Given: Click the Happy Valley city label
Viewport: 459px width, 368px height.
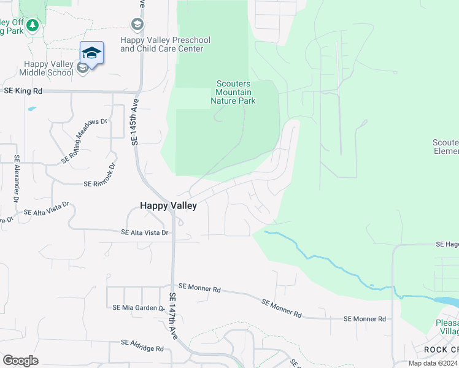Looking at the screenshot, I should tap(168, 206).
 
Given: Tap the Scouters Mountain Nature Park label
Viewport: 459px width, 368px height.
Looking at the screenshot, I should tap(233, 93).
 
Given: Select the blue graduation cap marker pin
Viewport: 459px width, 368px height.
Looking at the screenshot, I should tap(91, 53).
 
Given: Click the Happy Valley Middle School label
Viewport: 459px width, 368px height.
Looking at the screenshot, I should tap(46, 68).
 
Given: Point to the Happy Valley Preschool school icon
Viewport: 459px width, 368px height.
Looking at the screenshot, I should tap(137, 25).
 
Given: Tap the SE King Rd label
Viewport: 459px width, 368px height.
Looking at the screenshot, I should tap(23, 91).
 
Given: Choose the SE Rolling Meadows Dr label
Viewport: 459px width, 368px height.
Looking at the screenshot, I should tap(84, 141).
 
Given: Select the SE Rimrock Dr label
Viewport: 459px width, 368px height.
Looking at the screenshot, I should tap(100, 175).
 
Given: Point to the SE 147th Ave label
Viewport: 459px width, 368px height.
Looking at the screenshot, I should tap(173, 316).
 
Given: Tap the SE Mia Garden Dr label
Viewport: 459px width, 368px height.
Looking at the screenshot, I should tap(138, 307).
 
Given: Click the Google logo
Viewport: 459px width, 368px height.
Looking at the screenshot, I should tap(20, 361).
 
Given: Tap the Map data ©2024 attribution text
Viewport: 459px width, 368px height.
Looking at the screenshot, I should tap(433, 363).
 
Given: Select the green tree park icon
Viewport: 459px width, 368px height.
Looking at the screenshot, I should tap(33, 26).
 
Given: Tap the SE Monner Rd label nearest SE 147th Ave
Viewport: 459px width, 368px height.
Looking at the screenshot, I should tap(199, 288).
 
